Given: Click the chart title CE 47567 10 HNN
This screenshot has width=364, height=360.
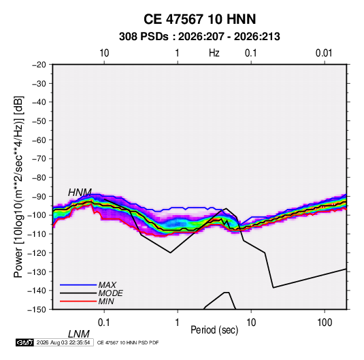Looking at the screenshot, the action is [199, 19].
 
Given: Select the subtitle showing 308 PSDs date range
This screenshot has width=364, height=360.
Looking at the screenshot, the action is [199, 37].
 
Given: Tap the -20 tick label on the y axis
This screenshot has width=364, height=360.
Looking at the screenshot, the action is [39, 65].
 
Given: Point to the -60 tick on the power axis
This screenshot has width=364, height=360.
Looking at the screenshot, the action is [39, 140].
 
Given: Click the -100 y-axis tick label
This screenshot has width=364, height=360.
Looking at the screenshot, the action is [37, 215].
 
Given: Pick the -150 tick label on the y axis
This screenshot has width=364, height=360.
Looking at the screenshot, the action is [37, 310].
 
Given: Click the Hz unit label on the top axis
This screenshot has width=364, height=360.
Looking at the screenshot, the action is [214, 53].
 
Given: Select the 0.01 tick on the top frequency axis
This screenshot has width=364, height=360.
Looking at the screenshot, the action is [324, 53].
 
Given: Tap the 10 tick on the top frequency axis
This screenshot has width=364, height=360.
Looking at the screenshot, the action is [104, 53].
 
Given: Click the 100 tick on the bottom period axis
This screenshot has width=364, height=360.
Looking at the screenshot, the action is [325, 323].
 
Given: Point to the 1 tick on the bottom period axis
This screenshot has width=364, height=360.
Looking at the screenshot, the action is [178, 323].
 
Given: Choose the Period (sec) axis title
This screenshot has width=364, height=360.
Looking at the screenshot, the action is [214, 330].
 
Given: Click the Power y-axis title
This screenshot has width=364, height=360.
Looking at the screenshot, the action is [18, 186].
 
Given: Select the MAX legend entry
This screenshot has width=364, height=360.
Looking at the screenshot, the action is [107, 284].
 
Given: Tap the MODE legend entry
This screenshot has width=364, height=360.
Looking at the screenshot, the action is [110, 293].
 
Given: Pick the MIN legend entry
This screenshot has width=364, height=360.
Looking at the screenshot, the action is [106, 301].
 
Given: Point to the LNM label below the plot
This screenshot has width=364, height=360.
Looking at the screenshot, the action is [79, 334].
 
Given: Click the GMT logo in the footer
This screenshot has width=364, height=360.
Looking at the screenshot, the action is [24, 342].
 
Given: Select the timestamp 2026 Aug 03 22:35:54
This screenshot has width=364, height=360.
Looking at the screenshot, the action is [63, 342].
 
